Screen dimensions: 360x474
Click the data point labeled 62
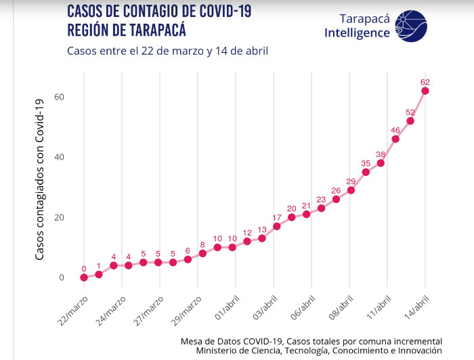click(x=425, y=91)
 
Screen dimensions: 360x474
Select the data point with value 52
click(x=410, y=120)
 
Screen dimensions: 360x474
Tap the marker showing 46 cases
click(x=395, y=139)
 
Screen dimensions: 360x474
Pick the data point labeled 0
click(x=84, y=277)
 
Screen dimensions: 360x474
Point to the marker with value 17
click(x=276, y=226)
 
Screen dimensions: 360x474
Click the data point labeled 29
click(x=351, y=190)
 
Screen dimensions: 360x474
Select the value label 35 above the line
click(x=366, y=163)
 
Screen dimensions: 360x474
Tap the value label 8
click(x=202, y=244)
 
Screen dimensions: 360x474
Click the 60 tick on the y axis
click(x=60, y=97)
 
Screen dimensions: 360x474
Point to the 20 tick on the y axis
click(x=60, y=217)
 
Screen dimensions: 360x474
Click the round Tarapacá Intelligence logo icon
click(x=410, y=26)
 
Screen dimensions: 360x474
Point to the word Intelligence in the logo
click(x=357, y=33)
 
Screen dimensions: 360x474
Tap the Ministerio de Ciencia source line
click(x=318, y=351)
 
